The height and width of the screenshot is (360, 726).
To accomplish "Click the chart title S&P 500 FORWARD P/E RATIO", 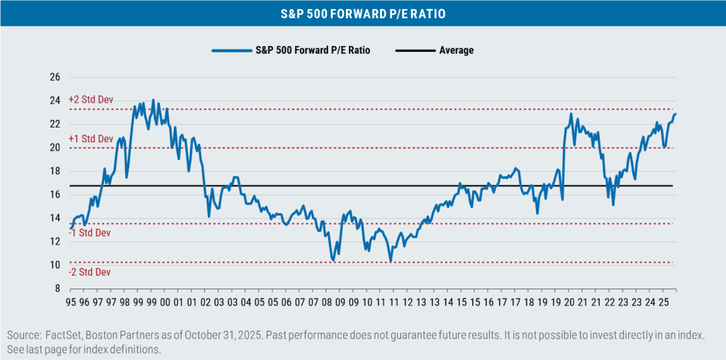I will click(363, 13).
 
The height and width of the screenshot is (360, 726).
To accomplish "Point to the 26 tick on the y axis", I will click(55, 77).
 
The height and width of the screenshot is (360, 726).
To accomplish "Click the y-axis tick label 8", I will click(57, 288).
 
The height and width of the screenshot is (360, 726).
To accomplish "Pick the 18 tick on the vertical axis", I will click(55, 171).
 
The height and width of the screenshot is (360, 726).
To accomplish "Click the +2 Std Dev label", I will click(91, 101).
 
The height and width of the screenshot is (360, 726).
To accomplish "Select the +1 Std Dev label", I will click(91, 139).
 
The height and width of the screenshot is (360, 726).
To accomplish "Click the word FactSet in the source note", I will click(61, 335).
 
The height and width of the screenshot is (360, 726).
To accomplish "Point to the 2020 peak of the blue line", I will click(570, 113).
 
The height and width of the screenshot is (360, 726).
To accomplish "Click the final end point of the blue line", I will click(676, 114).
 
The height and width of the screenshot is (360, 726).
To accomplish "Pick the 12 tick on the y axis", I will click(55, 242).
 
